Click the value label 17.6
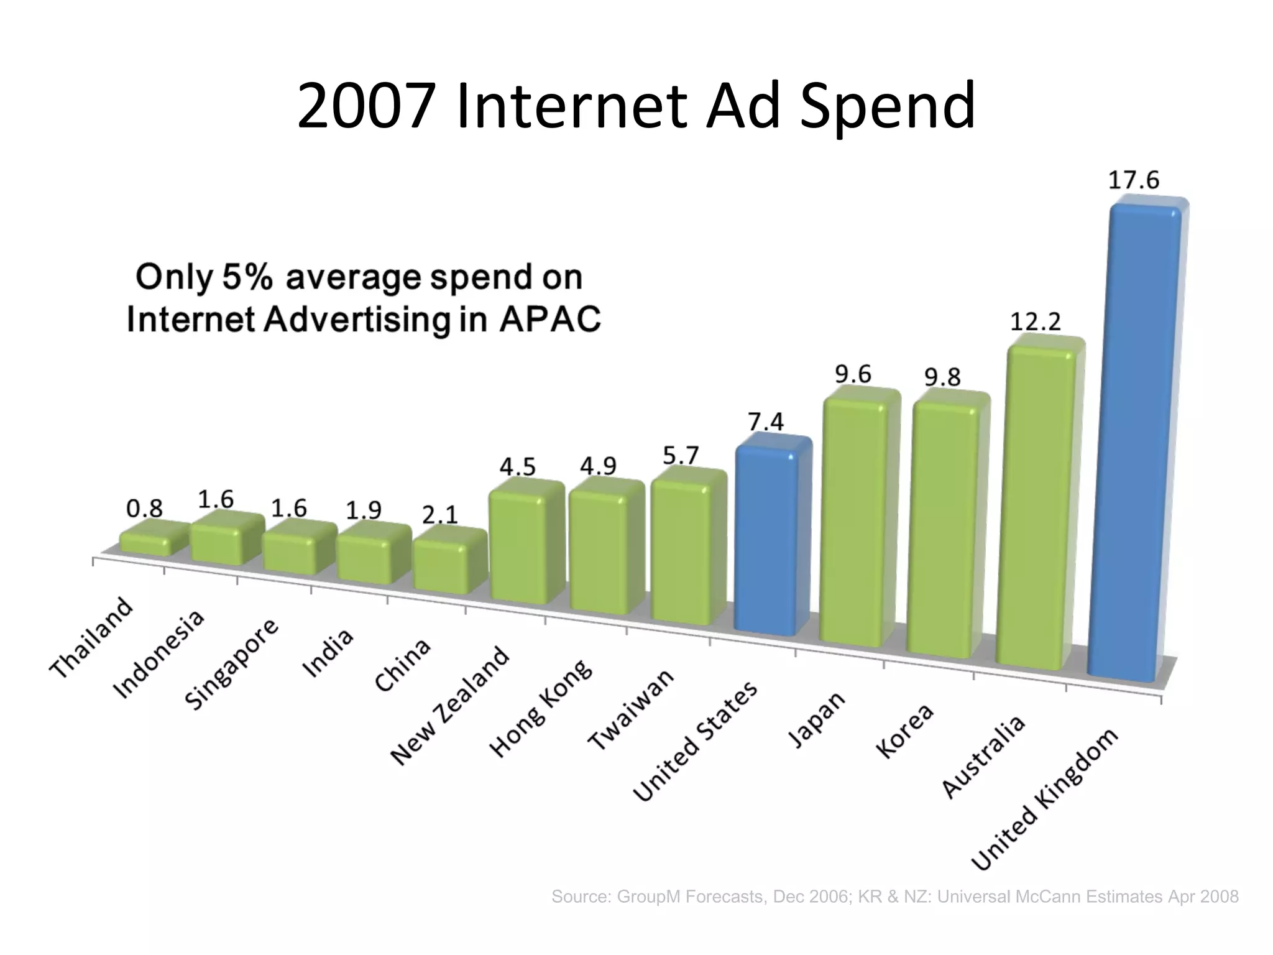[x=1134, y=180]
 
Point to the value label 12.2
[x=1036, y=322]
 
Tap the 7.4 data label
[x=766, y=422]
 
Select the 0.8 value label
[x=144, y=509]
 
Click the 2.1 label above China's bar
[x=439, y=515]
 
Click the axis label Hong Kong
[x=541, y=708]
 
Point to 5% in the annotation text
[x=247, y=277]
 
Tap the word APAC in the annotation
[x=549, y=320]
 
